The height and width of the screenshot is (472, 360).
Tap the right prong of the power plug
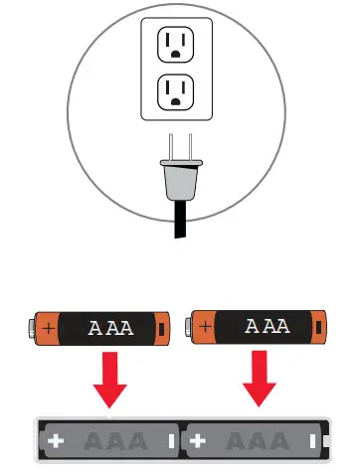tap(187, 146)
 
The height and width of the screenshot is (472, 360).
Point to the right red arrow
tap(261, 377)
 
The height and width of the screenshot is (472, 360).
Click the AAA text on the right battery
tap(266, 326)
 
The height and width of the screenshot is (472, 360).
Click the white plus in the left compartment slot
tap(55, 439)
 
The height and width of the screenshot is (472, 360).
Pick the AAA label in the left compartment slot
tap(112, 439)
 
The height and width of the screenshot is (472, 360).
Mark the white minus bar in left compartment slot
tap(171, 439)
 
